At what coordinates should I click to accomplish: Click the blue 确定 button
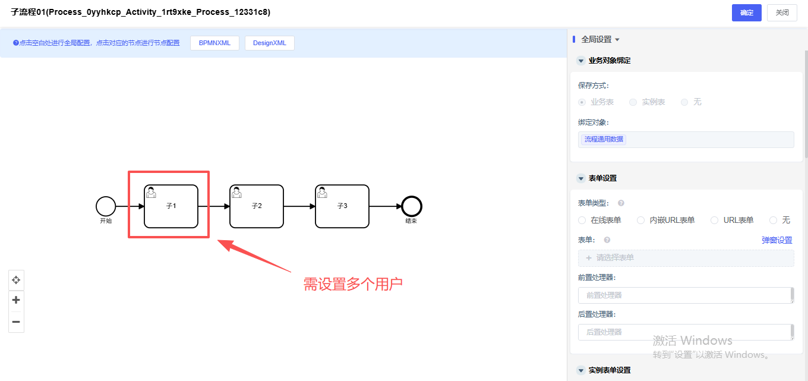click(x=746, y=12)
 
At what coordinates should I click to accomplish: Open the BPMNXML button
click(x=214, y=43)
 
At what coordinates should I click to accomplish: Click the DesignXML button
click(x=269, y=43)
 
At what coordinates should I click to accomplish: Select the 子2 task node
click(x=257, y=206)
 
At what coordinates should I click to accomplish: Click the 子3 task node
click(x=342, y=206)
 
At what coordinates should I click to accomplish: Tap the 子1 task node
click(x=171, y=206)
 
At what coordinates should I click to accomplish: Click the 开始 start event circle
click(x=106, y=206)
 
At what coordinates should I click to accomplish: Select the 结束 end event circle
click(x=412, y=206)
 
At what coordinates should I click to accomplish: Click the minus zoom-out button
click(x=16, y=322)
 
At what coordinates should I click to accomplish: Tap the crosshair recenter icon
click(x=16, y=279)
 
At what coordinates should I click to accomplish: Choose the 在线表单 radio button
click(x=582, y=220)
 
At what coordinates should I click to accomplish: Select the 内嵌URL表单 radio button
click(x=640, y=220)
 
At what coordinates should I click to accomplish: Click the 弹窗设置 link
click(x=777, y=240)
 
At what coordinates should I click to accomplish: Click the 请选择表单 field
click(x=686, y=258)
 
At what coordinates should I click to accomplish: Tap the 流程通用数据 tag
click(x=604, y=139)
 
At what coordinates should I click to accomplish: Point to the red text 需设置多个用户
click(x=353, y=284)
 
